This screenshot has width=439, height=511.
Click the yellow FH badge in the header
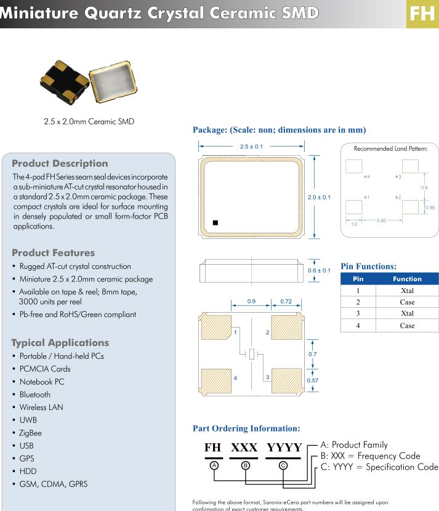(422, 14)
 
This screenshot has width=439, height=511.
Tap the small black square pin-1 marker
(215, 222)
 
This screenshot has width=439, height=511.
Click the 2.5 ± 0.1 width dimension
(251, 147)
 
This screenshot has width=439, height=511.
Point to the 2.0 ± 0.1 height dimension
(319, 197)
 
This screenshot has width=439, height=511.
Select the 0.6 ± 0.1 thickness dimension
(319, 270)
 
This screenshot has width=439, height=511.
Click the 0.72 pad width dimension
(286, 302)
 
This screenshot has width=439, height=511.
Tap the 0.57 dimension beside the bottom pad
(313, 381)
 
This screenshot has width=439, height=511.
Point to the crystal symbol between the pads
(251, 354)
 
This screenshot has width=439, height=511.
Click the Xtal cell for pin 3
(407, 313)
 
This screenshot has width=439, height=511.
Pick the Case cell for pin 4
(407, 325)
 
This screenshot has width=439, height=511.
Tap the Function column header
(407, 279)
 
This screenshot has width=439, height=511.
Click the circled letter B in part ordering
(245, 465)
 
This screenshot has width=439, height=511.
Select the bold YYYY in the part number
(284, 448)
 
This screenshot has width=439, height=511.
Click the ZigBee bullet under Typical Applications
(30, 433)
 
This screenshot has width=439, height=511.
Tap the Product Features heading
(54, 253)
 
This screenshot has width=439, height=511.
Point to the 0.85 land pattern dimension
(382, 220)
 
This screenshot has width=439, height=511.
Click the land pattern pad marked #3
(410, 166)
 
